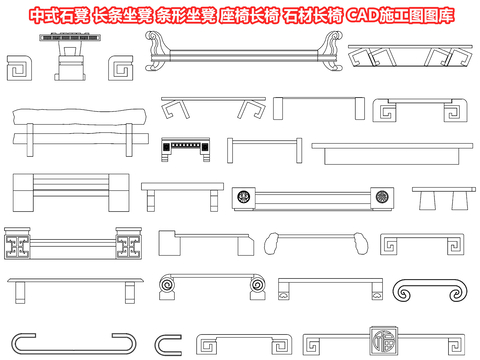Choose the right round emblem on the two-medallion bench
pos(382,198)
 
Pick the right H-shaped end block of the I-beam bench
pos(131,246)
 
